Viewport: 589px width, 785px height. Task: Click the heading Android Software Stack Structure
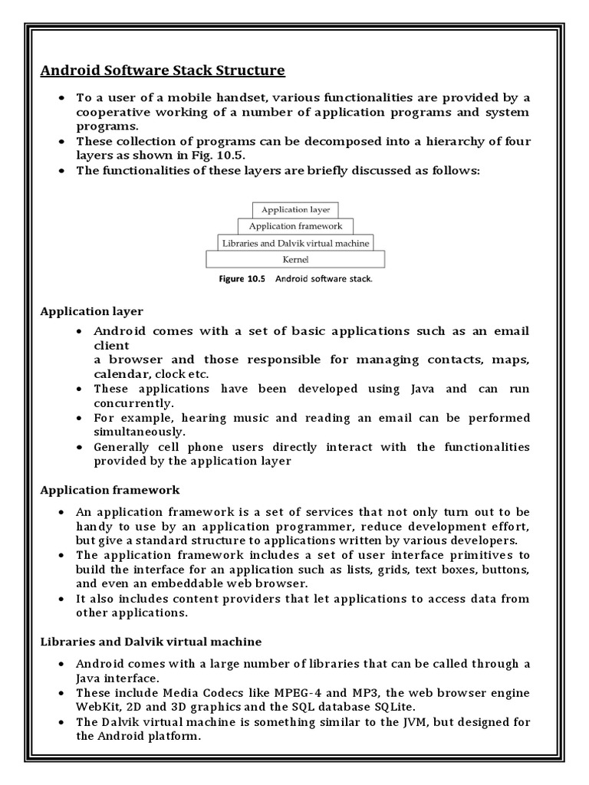click(163, 71)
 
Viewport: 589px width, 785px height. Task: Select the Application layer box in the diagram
click(295, 209)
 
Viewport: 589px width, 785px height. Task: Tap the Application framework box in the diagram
click(295, 226)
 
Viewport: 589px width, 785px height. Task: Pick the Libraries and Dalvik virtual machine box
click(295, 243)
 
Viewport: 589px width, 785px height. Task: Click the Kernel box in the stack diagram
click(295, 260)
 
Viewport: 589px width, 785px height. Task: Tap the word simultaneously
click(136, 432)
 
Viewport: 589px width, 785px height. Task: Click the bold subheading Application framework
click(110, 489)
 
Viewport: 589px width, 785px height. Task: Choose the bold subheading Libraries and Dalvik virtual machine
click(150, 641)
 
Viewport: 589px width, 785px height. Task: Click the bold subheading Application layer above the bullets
click(92, 311)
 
